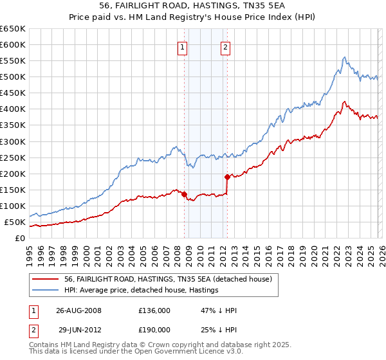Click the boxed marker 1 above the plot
(x=183, y=46)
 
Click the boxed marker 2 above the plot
(x=226, y=46)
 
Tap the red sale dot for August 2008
(x=184, y=194)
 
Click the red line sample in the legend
(x=46, y=279)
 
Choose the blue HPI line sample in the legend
(x=46, y=290)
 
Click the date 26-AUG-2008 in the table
(x=78, y=310)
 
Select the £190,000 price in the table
(x=154, y=329)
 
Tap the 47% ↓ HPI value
(x=219, y=310)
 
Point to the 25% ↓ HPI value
(x=219, y=329)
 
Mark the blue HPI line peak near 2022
(x=345, y=57)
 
